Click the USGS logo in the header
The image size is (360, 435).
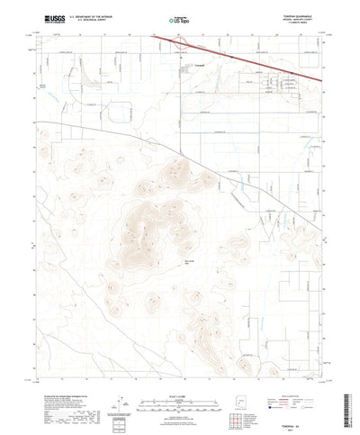[x=42, y=18]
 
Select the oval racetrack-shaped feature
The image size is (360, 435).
[x=120, y=113]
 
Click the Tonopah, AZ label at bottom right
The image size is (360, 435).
[x=309, y=416]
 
